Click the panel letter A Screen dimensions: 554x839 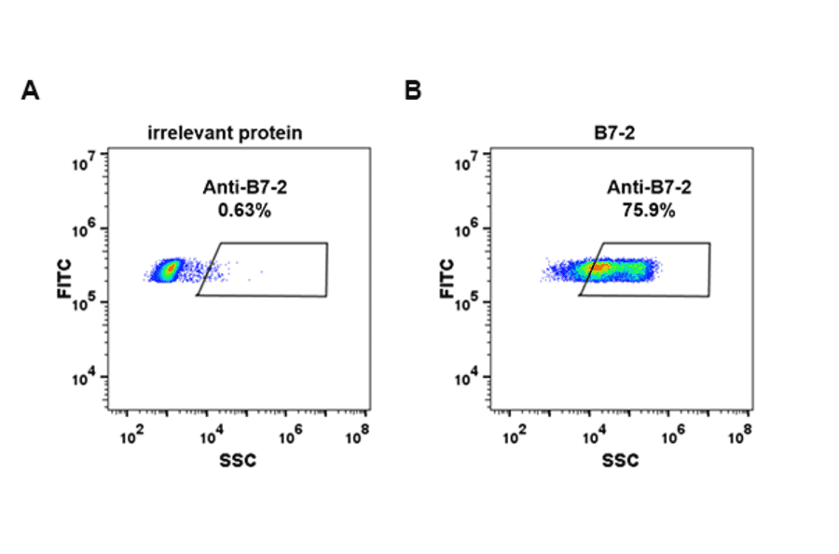tap(31, 91)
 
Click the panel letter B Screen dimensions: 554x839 tap(413, 91)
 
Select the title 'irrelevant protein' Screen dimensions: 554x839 tap(225, 133)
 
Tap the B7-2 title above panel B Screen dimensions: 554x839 tap(615, 133)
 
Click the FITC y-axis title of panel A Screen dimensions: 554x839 tap(64, 278)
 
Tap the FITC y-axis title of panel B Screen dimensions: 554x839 tap(447, 278)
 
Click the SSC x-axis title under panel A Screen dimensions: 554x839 tap(238, 460)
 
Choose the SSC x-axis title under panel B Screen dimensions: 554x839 tap(621, 460)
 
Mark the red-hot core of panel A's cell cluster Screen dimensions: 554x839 tap(169, 270)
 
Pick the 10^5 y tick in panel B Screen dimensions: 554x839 tap(470, 304)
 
